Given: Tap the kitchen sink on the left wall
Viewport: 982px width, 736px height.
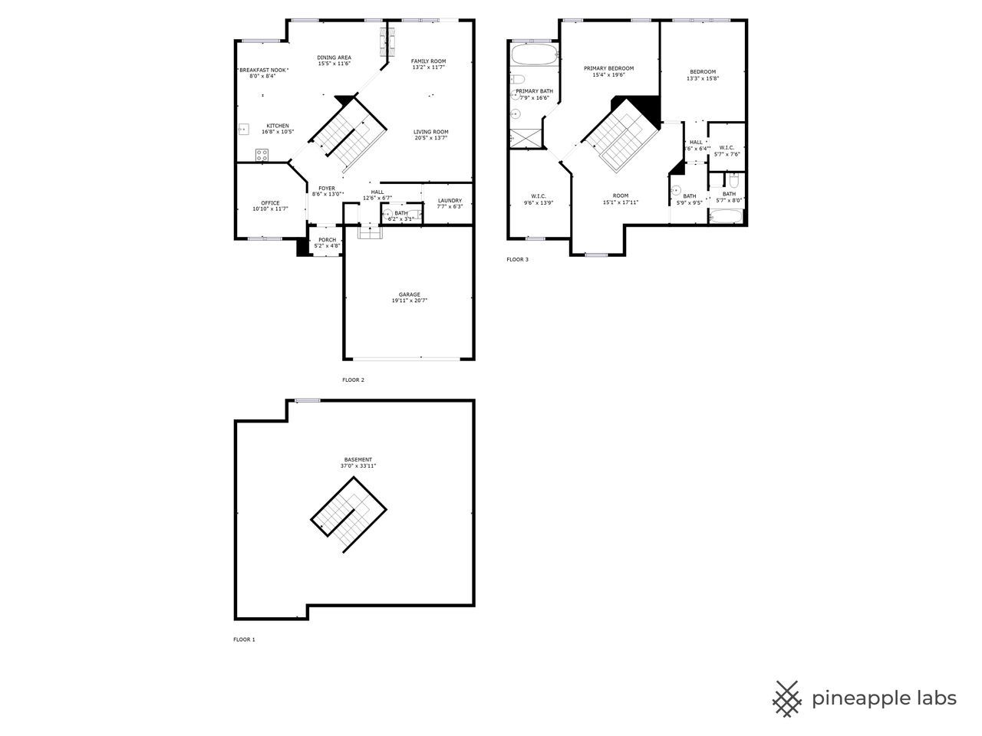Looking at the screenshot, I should tap(243, 129).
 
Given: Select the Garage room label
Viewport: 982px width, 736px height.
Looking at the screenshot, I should tap(409, 294).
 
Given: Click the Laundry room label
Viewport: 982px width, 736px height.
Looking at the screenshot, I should tap(450, 201).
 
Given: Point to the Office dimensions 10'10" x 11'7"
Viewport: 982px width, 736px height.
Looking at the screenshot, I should tap(270, 209).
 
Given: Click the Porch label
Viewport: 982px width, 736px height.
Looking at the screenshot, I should tap(327, 239).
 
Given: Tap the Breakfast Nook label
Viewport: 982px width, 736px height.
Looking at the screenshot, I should tap(262, 70).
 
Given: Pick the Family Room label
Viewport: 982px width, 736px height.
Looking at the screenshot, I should tap(428, 61).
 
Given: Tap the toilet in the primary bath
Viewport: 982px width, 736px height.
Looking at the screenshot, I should tap(518, 79).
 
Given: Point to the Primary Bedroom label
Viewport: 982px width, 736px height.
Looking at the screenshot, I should tap(608, 68).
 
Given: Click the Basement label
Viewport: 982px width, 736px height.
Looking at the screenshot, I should tap(358, 459).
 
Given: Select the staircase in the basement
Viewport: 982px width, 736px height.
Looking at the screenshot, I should tap(348, 514).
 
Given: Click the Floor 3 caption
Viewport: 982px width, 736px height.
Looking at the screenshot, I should tap(517, 259).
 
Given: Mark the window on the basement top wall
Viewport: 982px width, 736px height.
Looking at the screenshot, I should tap(308, 399).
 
